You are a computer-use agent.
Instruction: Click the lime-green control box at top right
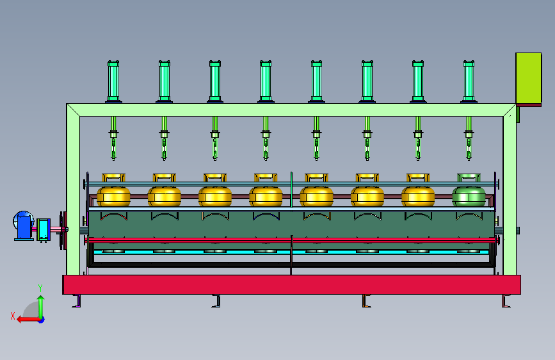pyautogui.click(x=529, y=78)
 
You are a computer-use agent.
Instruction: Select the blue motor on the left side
pyautogui.click(x=24, y=225)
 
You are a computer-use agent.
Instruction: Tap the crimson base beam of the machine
pyautogui.click(x=291, y=284)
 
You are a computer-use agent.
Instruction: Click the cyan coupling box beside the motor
pyautogui.click(x=44, y=229)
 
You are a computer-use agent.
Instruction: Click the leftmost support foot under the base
pyautogui.click(x=77, y=300)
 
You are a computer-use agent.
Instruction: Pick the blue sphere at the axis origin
pyautogui.click(x=40, y=319)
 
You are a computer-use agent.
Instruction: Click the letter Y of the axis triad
pyautogui.click(x=40, y=288)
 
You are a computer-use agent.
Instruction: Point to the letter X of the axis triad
pyautogui.click(x=12, y=315)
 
